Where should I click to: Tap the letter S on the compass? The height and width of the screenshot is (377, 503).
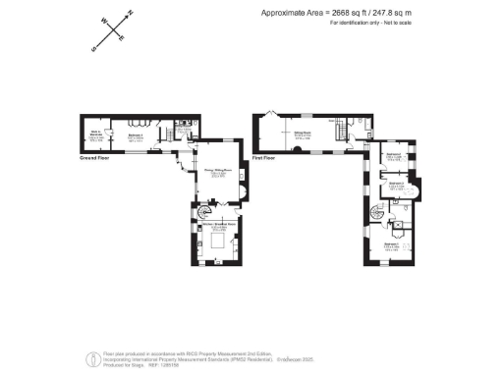pos(94,47)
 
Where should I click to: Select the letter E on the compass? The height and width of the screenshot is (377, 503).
pos(121,39)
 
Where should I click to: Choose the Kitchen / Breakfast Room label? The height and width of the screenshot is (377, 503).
pos(215,228)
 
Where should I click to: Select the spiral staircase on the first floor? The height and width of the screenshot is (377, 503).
pos(378,215)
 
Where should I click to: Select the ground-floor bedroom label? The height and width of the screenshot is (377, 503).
pos(138,136)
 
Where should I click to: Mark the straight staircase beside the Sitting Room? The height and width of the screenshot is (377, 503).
pos(340,130)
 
